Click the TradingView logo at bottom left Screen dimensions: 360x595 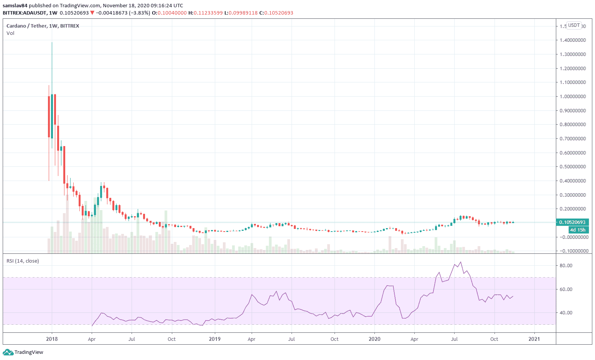coord(23,352)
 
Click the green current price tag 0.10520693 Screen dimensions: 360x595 coord(572,222)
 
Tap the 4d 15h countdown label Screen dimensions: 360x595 coord(577,230)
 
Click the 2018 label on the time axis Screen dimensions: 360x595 coord(52,339)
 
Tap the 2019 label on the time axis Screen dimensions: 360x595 coord(215,339)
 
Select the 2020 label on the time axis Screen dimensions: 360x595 coord(374,339)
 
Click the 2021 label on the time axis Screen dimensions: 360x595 coord(534,339)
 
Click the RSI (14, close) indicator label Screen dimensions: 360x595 coord(23,261)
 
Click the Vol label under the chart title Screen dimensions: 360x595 coord(10,33)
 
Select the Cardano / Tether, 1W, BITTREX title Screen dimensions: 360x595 coord(43,26)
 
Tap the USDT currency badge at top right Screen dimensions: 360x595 coord(574,25)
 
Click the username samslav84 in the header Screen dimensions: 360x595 coord(15,6)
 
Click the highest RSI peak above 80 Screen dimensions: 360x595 coord(461,262)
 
